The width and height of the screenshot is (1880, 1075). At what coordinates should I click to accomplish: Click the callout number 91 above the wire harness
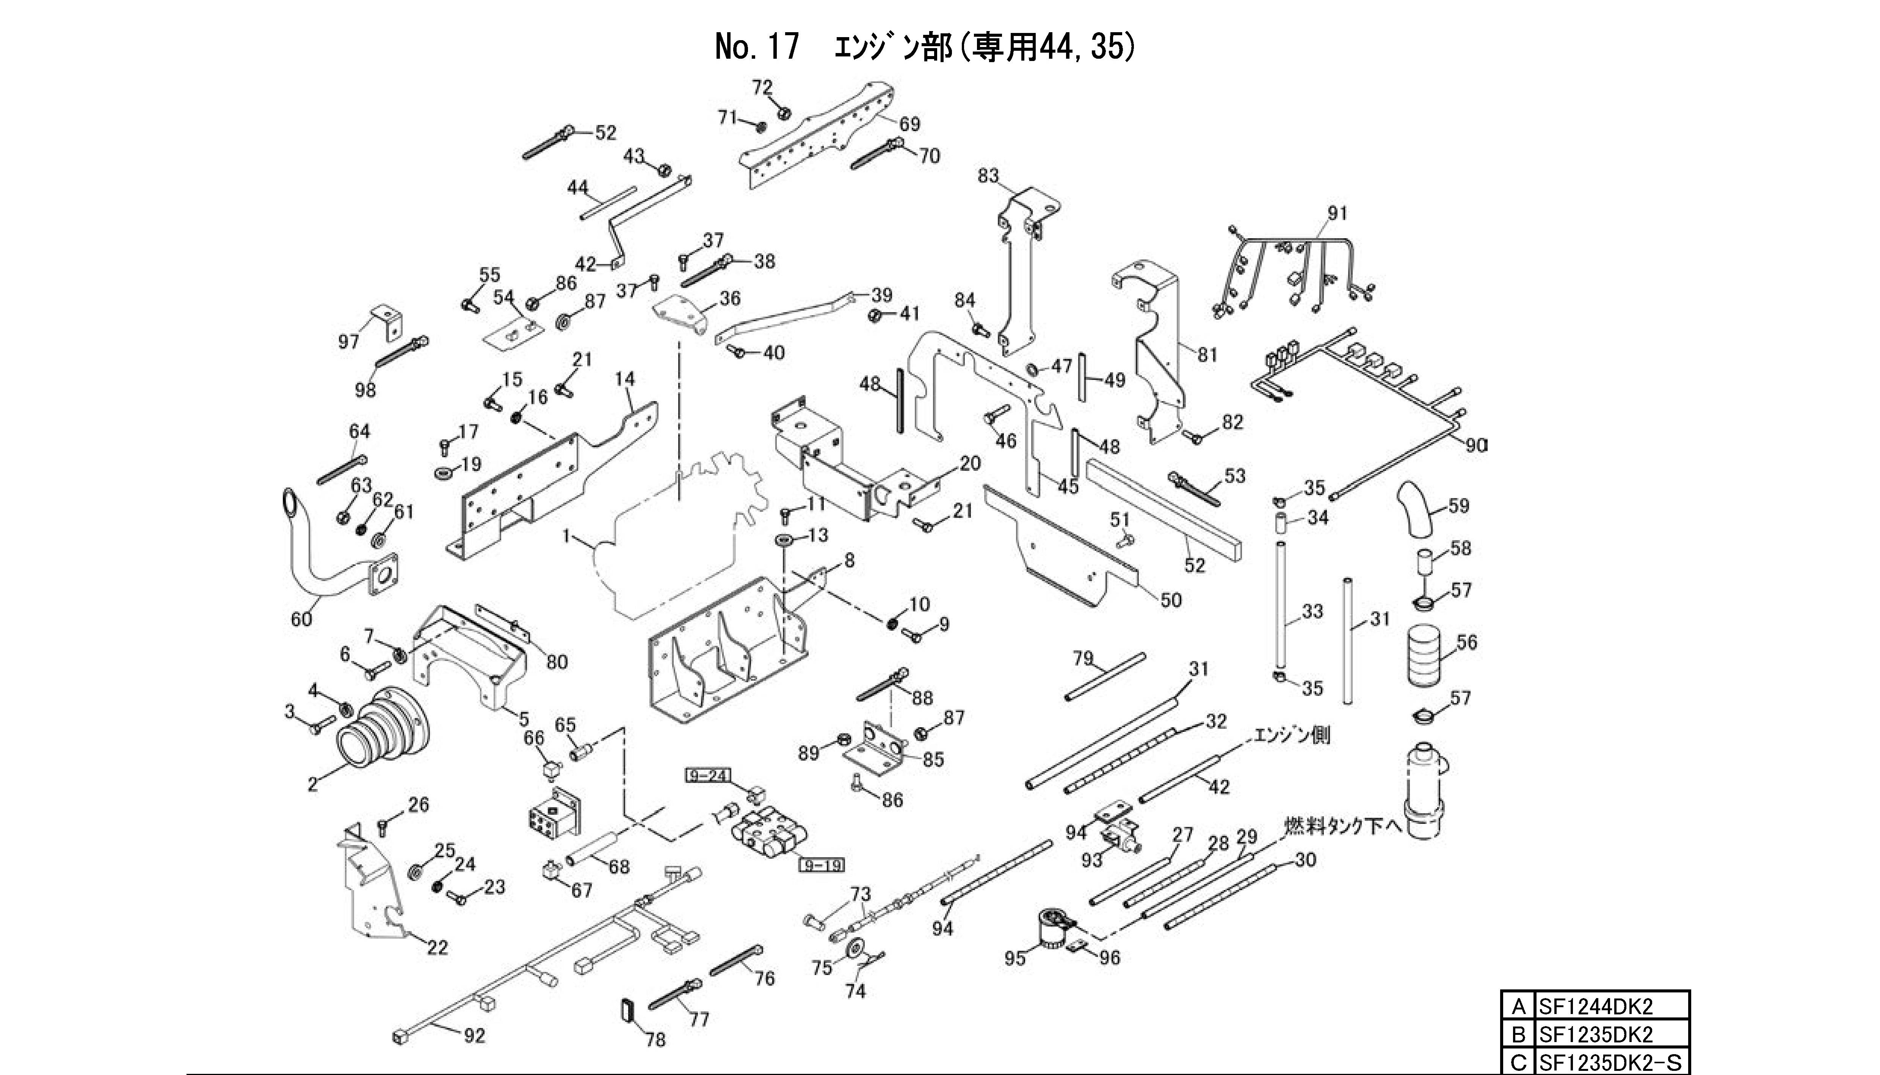tap(1338, 213)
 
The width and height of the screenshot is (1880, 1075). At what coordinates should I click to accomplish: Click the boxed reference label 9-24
tap(707, 776)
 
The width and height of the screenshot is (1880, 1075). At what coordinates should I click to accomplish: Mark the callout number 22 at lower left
tap(437, 947)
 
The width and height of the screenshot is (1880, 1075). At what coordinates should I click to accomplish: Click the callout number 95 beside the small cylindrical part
tap(1015, 958)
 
